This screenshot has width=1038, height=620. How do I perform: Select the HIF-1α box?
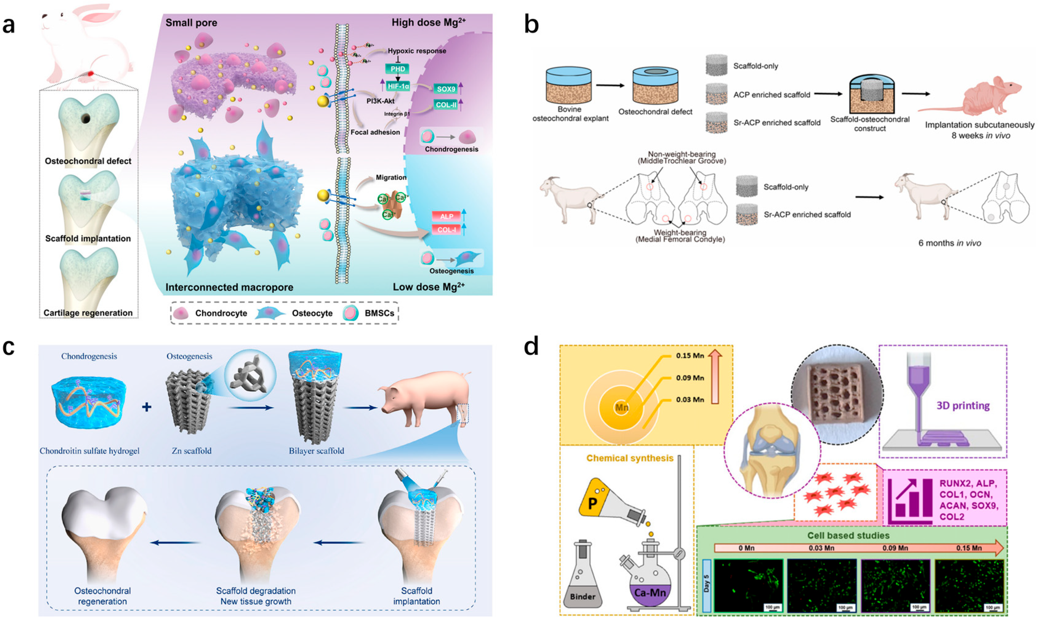[398, 86]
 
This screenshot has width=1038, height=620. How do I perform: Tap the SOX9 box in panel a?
[446, 89]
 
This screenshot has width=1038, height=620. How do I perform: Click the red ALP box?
[446, 216]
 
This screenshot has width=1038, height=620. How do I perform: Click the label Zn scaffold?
[191, 451]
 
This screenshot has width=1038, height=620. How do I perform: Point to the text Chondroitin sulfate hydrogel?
[90, 451]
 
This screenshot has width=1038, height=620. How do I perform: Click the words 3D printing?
[963, 406]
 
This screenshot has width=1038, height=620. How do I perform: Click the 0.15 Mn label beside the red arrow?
[690, 356]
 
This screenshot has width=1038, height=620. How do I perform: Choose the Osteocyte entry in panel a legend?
[312, 313]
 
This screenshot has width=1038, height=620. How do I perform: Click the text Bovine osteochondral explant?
[570, 114]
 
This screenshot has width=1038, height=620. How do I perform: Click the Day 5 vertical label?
[707, 585]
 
